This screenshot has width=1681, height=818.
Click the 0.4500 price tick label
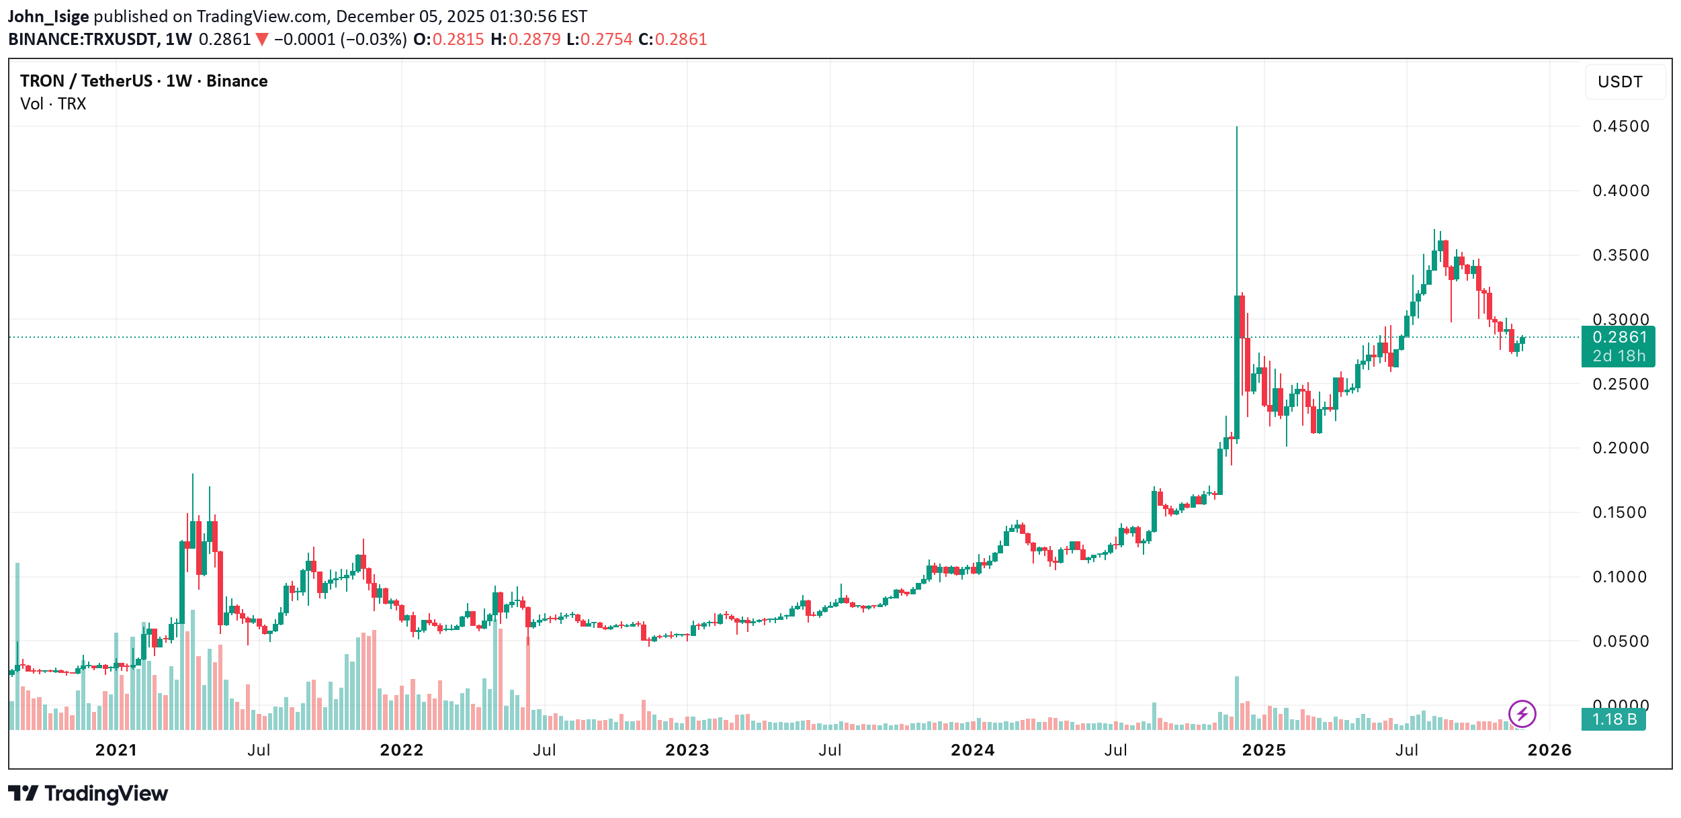[x=1620, y=126]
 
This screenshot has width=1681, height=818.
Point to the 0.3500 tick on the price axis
[x=1620, y=255]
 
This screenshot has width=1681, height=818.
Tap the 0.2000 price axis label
[x=1620, y=448]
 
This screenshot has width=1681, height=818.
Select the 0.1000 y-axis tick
[x=1620, y=577]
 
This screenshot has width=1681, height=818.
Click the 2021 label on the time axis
[x=116, y=750]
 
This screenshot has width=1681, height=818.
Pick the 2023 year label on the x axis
[x=687, y=750]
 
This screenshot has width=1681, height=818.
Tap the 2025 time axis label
[x=1263, y=750]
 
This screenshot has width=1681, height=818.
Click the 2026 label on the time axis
[x=1549, y=750]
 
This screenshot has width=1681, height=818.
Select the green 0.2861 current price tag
[x=1618, y=346]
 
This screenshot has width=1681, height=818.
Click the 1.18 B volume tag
[x=1613, y=719]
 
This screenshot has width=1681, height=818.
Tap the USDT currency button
[x=1619, y=82]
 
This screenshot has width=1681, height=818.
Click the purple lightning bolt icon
[x=1522, y=713]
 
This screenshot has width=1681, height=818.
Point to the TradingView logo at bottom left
[x=88, y=794]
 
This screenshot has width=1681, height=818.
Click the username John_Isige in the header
[x=48, y=16]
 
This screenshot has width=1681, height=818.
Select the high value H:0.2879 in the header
[x=525, y=40]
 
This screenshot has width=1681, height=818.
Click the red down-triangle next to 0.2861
[x=262, y=40]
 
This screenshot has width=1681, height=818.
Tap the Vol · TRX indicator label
[x=53, y=104]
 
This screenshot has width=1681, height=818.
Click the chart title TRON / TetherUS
[x=86, y=81]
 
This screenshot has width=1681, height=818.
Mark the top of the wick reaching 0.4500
[x=1236, y=128]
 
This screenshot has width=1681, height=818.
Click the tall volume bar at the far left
[x=17, y=645]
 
